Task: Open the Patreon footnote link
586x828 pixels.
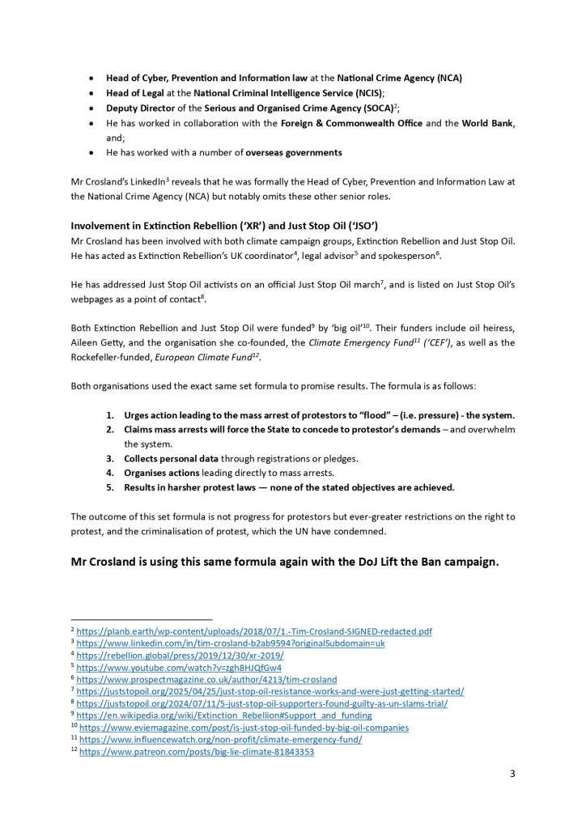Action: click(196, 752)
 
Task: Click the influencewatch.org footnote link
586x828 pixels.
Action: click(219, 740)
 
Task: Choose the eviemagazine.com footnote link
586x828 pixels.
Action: click(243, 728)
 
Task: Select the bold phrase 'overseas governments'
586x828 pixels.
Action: click(289, 152)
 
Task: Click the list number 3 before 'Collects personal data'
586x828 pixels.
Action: click(110, 458)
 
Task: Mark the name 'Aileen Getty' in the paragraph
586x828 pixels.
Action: click(98, 343)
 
